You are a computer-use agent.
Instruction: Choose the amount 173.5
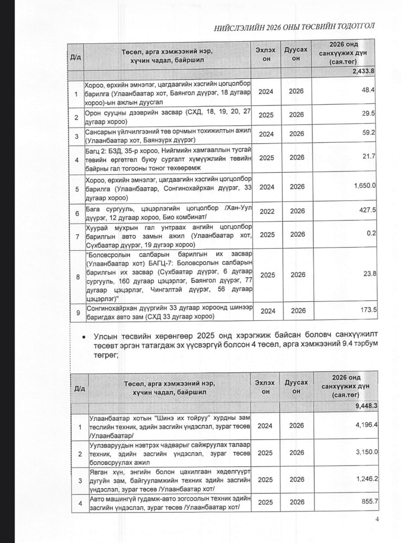click(367, 310)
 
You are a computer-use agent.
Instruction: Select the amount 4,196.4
click(365, 423)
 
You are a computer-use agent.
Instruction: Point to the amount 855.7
click(367, 503)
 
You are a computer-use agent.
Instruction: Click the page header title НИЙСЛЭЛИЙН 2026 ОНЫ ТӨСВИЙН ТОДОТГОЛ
click(293, 27)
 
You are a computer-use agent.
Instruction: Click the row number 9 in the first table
click(76, 311)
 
